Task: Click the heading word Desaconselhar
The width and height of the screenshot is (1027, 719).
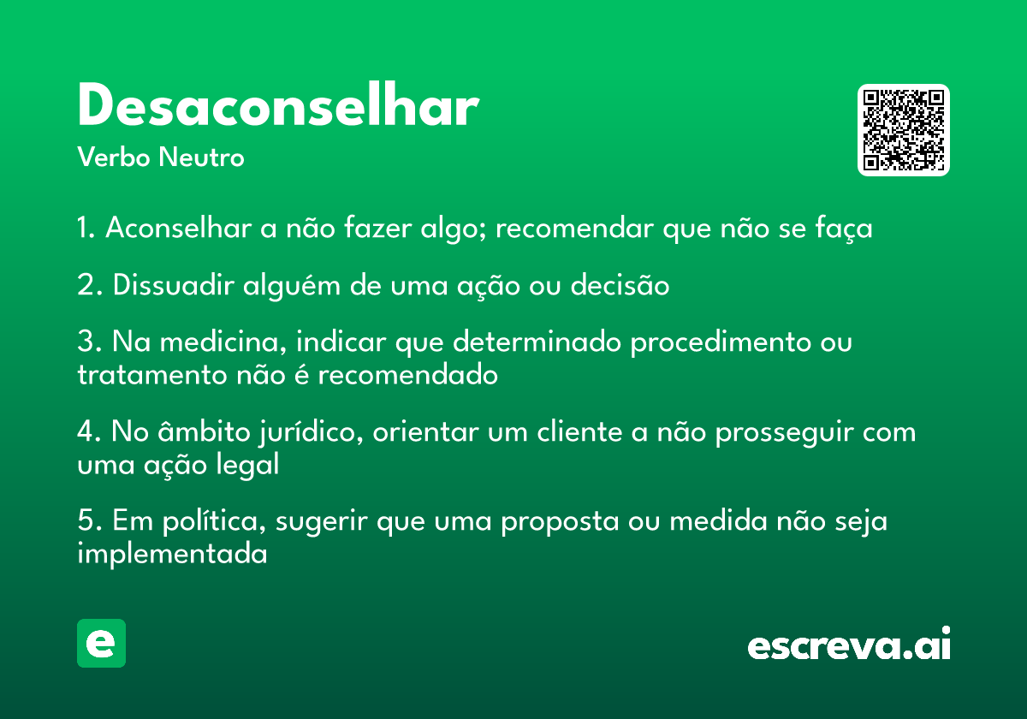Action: click(x=278, y=104)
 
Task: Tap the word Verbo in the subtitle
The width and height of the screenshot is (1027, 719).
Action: click(x=114, y=157)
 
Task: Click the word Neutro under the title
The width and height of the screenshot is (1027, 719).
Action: click(x=201, y=157)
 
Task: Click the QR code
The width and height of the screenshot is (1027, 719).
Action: click(x=903, y=130)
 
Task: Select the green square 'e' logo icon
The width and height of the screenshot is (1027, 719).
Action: click(x=101, y=643)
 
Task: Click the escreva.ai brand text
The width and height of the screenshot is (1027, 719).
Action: click(x=849, y=644)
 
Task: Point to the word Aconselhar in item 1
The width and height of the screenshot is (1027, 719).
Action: click(x=178, y=228)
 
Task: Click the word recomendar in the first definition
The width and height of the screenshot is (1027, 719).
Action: click(x=574, y=229)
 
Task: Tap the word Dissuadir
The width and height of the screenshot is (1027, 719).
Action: click(x=173, y=284)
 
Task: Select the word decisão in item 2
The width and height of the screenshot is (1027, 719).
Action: click(x=620, y=284)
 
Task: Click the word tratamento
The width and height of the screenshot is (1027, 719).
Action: click(x=152, y=375)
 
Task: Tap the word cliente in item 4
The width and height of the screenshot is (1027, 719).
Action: click(x=579, y=432)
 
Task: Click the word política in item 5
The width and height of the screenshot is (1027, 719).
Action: click(x=214, y=522)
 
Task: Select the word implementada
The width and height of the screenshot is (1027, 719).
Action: click(x=172, y=554)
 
